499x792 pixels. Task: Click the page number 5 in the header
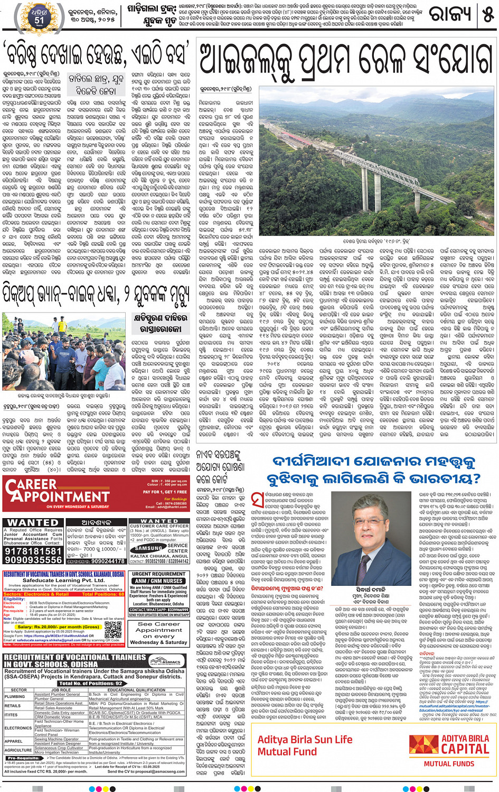(488, 14)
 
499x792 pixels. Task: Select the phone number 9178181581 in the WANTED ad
(33, 551)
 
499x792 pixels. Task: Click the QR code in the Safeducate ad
(113, 630)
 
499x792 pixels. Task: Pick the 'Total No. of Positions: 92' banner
(90, 683)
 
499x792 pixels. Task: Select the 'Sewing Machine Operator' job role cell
(57, 739)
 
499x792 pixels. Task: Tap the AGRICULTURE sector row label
(18, 750)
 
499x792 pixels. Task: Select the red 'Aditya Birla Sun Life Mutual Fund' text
(305, 745)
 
